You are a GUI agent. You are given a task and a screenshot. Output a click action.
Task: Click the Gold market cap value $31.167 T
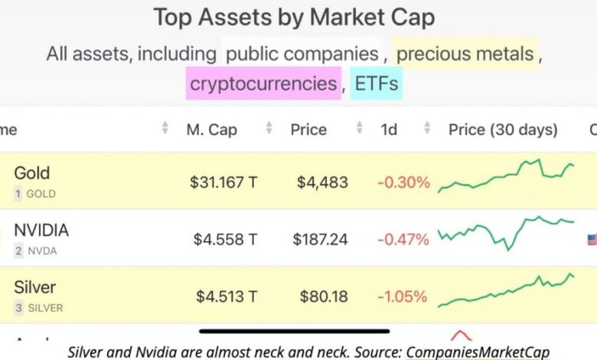[x=223, y=182]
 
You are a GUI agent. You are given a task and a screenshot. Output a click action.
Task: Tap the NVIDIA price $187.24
[x=320, y=240]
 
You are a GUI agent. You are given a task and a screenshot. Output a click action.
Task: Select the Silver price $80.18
[x=325, y=296]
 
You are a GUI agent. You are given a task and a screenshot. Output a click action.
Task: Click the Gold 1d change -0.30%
[x=403, y=182]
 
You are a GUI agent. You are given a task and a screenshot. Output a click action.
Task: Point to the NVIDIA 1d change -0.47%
[x=403, y=240]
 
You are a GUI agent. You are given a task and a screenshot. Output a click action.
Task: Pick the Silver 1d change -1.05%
[x=403, y=296]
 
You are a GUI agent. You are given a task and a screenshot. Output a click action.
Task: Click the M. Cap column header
[x=211, y=129]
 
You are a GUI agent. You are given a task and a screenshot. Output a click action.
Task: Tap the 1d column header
[x=389, y=129]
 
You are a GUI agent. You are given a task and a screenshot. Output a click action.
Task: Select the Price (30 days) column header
[x=503, y=129]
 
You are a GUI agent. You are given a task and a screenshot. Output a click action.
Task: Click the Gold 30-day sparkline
[x=506, y=176]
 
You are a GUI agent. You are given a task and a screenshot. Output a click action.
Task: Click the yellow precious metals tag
[x=465, y=54]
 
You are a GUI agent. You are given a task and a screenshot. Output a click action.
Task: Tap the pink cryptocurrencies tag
[x=263, y=83]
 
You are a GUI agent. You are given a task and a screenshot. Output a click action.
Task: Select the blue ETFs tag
[x=376, y=83]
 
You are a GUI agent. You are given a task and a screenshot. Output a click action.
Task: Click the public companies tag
[x=302, y=54]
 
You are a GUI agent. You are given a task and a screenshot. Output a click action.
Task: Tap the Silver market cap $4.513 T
[x=227, y=296]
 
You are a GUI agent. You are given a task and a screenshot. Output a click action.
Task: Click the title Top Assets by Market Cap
[x=294, y=17]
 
